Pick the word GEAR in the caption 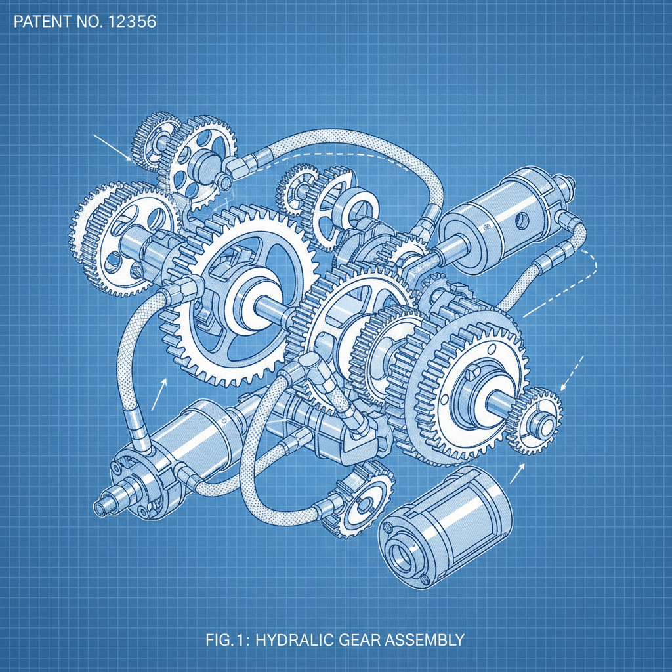pos(353,639)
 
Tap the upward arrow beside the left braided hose pos(159,394)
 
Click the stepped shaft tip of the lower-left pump pos(104,508)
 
